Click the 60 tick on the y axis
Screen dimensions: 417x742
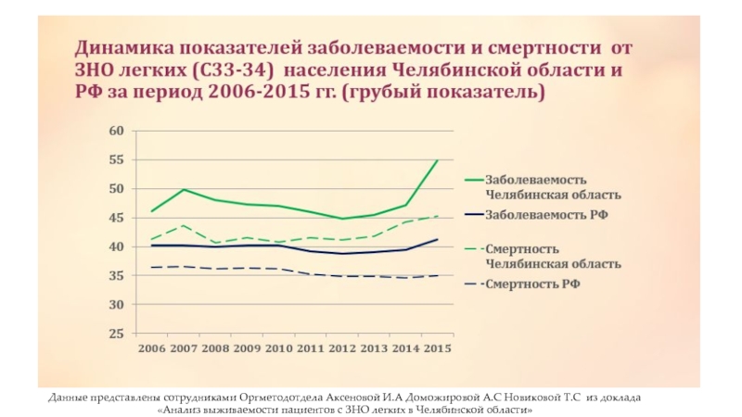point(115,131)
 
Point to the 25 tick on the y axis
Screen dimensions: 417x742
point(115,334)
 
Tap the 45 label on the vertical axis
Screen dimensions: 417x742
point(115,218)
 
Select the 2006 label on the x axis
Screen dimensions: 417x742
point(151,348)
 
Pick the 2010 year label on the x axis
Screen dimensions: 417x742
point(277,348)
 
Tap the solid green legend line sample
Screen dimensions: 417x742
point(471,180)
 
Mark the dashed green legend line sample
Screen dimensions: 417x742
point(471,248)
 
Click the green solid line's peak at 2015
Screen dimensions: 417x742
point(437,160)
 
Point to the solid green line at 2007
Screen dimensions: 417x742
point(184,190)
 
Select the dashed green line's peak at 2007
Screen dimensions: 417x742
point(184,225)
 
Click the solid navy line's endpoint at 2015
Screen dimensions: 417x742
point(437,239)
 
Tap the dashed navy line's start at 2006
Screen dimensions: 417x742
point(152,268)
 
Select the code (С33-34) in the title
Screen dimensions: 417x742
point(232,70)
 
